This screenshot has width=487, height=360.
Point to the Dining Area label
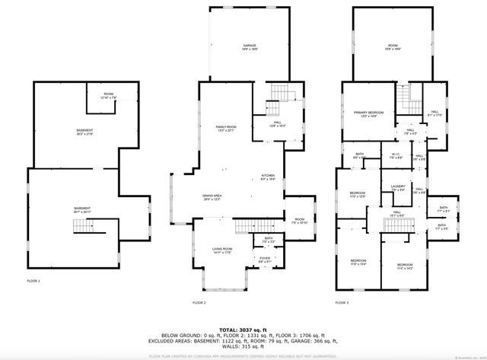[212, 197]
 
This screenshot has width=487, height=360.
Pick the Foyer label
[264, 260]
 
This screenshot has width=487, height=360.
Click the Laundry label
[397, 188]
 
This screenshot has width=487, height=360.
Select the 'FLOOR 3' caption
[342, 302]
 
